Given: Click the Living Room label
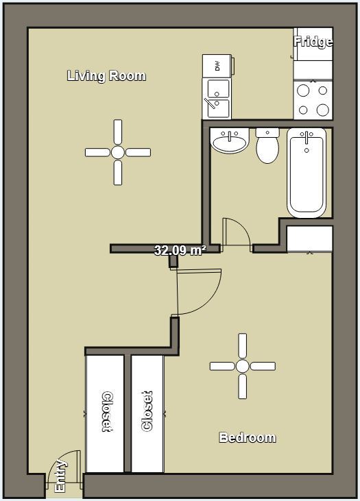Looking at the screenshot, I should [106, 75].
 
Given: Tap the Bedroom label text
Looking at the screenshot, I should [247, 437].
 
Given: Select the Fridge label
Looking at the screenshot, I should [313, 42].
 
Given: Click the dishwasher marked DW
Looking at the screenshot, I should [217, 66].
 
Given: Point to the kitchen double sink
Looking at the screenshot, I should [217, 99].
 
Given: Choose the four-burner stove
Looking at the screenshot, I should [313, 99].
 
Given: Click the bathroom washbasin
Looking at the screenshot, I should [230, 142].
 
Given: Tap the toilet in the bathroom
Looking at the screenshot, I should [267, 146].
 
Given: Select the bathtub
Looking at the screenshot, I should [306, 172].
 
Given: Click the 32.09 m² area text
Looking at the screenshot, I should [180, 251].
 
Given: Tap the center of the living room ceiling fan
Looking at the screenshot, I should [117, 152].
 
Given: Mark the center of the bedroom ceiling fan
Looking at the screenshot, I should [242, 366].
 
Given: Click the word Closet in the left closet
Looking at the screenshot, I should [107, 412].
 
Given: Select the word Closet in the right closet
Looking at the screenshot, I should [147, 412].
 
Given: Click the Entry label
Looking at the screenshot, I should [60, 476].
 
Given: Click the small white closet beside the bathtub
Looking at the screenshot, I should [309, 239].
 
